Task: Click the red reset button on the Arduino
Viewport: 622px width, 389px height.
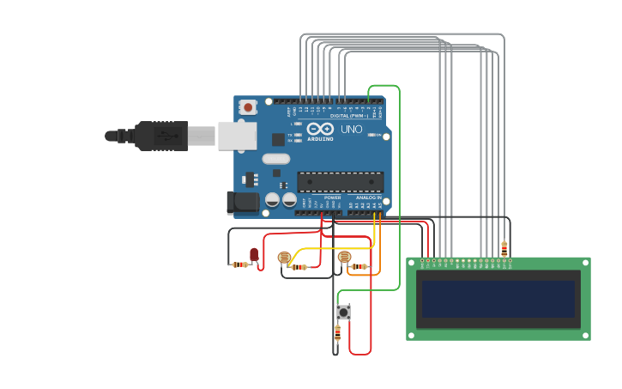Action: [248, 107]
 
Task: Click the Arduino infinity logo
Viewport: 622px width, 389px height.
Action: [321, 129]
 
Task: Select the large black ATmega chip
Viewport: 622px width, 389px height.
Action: [340, 182]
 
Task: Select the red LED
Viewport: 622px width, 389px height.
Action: [254, 254]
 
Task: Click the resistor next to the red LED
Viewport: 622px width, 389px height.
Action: [239, 264]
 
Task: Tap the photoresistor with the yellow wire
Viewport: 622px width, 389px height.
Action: [284, 257]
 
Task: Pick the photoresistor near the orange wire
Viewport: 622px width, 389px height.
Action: [344, 257]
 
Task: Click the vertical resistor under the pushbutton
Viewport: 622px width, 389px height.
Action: [337, 333]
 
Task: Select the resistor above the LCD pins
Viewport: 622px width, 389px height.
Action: [504, 248]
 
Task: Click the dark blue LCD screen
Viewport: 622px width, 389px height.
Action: [498, 299]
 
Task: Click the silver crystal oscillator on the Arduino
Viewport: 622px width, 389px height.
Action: [275, 159]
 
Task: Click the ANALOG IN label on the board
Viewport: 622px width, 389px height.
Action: [369, 198]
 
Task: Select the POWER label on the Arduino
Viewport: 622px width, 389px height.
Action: [332, 198]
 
